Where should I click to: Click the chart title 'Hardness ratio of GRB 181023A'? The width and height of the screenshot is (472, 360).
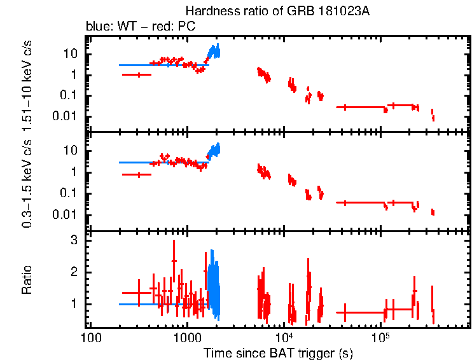point(277,11)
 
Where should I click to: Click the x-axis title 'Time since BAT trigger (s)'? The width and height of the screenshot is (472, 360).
point(278,352)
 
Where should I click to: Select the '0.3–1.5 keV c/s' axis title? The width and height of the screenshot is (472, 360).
point(27,183)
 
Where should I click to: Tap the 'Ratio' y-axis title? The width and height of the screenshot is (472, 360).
point(27,280)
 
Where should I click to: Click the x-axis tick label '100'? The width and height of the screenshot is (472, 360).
point(90,337)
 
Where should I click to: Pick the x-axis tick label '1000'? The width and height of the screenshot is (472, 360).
point(187,337)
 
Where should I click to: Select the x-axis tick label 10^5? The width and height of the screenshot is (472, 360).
point(380,336)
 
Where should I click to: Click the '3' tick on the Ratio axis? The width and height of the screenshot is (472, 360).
point(74,240)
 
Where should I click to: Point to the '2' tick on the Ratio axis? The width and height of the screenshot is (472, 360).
point(74,272)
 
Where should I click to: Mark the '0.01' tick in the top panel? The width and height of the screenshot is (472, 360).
point(66,116)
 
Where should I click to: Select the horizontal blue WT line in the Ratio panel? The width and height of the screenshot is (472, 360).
point(159,304)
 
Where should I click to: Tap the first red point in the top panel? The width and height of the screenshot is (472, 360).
point(138,74)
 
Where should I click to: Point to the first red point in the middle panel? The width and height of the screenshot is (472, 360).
point(138,174)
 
